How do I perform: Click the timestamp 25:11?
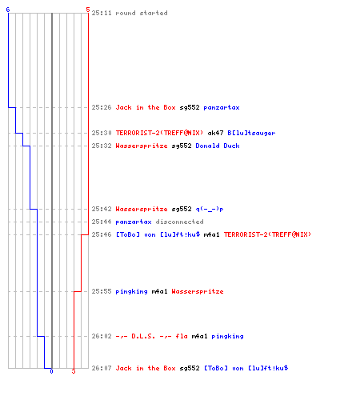tap(102, 13)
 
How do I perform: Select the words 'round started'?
tap(142, 13)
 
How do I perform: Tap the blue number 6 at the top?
tap(8, 10)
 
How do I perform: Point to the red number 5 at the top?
tap(88, 10)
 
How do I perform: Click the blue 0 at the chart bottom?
tap(51, 371)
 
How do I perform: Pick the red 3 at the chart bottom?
tap(74, 371)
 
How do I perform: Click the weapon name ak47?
tap(215, 133)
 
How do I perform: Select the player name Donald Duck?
tap(218, 146)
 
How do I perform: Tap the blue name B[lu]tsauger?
tap(251, 133)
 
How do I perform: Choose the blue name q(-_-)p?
tap(210, 209)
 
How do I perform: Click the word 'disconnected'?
tap(180, 222)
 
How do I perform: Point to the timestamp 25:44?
tap(102, 222)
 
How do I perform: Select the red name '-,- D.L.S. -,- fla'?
tap(151, 336)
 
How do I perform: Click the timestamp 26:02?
tap(102, 336)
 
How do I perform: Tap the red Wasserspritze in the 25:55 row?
tap(198, 291)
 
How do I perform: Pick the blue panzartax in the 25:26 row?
tap(222, 107)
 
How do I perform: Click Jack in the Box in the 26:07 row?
tap(146, 368)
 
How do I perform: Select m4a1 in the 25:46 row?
tap(211, 234)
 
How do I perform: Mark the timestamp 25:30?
tap(102, 133)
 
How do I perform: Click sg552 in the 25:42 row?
tap(182, 209)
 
